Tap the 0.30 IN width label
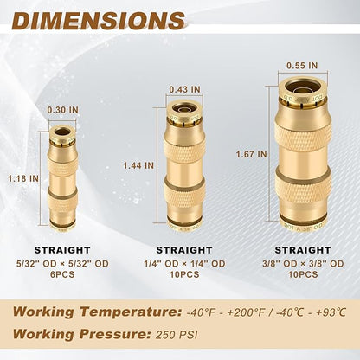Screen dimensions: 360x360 point(61,110)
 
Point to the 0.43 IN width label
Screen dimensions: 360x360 point(183,88)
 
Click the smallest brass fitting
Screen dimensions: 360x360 point(61,178)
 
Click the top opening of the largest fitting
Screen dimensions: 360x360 point(302,85)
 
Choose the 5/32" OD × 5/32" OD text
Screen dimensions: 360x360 point(61,263)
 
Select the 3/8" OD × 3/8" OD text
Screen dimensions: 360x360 point(302,263)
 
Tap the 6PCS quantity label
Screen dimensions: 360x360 point(61,274)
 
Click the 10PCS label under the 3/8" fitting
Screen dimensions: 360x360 point(302,274)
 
